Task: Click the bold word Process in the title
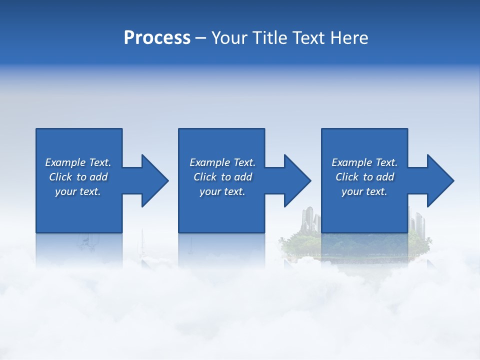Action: tap(157, 38)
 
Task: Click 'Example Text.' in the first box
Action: tap(78, 162)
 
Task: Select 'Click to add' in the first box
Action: tap(78, 177)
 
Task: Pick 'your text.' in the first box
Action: tap(78, 191)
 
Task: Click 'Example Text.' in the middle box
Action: tap(222, 162)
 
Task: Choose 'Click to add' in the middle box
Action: tap(222, 177)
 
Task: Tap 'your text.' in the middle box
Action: tap(222, 191)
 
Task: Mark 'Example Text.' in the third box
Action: tap(364, 162)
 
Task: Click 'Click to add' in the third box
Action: tap(364, 177)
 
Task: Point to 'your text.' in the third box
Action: tap(364, 191)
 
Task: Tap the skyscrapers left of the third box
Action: tap(310, 220)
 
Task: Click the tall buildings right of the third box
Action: tap(417, 220)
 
